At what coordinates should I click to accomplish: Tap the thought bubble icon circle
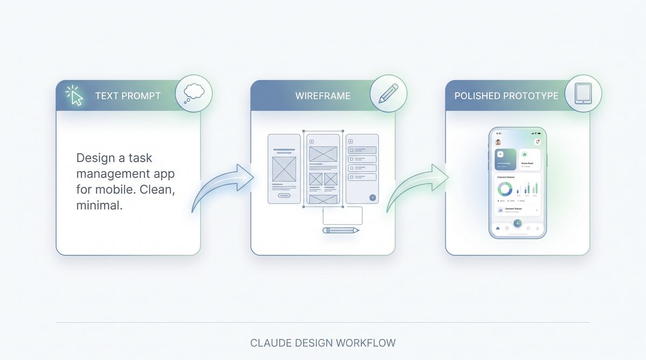pos(194,93)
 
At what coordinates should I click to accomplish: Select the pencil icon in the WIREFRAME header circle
pos(388,93)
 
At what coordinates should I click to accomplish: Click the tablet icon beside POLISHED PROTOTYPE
pos(582,93)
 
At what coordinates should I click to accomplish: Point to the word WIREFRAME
pos(322,96)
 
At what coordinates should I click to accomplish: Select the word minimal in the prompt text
pos(100,205)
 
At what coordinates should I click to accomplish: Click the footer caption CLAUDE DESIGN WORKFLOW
pos(323,343)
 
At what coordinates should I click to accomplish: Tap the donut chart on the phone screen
pos(505,189)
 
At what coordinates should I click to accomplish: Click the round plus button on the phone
pos(517,223)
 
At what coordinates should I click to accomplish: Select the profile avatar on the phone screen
pos(498,142)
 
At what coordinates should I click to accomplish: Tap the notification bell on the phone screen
pos(537,142)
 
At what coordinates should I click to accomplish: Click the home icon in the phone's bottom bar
pos(497,228)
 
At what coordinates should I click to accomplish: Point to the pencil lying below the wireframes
pos(341,230)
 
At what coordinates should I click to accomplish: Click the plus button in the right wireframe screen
pos(372,197)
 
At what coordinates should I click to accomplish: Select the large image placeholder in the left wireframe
pos(284,168)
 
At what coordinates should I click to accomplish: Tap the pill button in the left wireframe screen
pos(284,195)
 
